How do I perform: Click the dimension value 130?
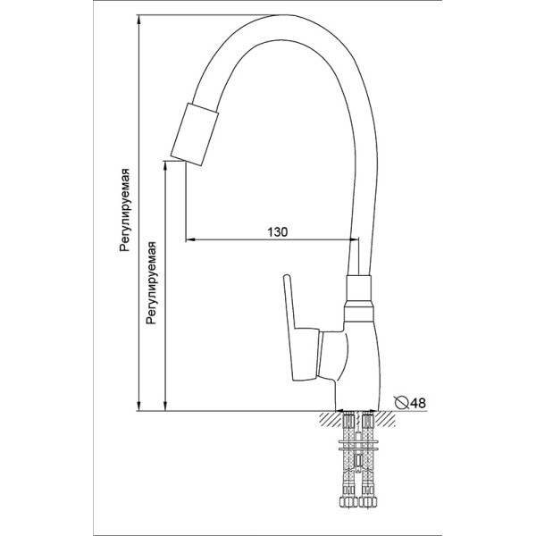(x=277, y=231)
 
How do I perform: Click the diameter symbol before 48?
(x=401, y=403)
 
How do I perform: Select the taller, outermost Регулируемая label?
(x=127, y=211)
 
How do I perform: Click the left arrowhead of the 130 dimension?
(x=190, y=240)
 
